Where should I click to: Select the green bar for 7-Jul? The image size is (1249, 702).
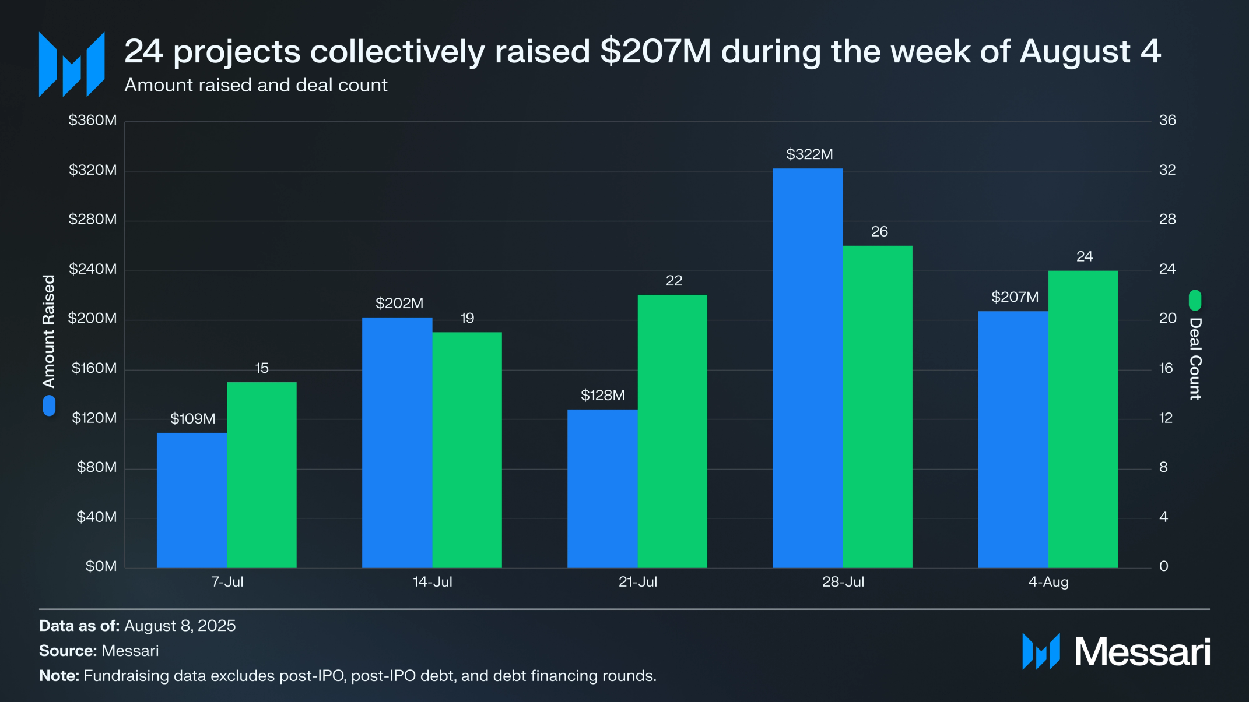[x=262, y=475]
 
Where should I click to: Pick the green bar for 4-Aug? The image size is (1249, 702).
[x=1083, y=419]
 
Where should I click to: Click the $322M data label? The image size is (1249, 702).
[x=809, y=154]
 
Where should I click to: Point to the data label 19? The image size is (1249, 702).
[x=467, y=318]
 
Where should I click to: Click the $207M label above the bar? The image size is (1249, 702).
[x=1015, y=297]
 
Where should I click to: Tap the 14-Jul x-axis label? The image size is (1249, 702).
[x=433, y=581]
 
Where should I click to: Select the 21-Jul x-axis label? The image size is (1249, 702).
[x=638, y=581]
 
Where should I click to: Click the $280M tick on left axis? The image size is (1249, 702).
[x=93, y=219]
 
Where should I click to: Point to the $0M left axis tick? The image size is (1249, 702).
[x=101, y=566]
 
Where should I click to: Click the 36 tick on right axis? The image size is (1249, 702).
[x=1167, y=120]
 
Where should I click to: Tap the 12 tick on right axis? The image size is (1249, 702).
[x=1166, y=418]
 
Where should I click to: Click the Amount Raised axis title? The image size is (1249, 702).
[x=48, y=331]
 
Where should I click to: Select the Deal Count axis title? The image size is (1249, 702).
[x=1195, y=358]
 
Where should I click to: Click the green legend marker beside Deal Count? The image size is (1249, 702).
[x=1195, y=300]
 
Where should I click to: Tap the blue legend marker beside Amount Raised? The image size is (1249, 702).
[x=49, y=405]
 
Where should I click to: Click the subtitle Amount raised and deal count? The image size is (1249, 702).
[x=255, y=85]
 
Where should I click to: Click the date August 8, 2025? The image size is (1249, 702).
[x=180, y=626]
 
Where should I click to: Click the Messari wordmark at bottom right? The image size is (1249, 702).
[x=1142, y=651]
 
